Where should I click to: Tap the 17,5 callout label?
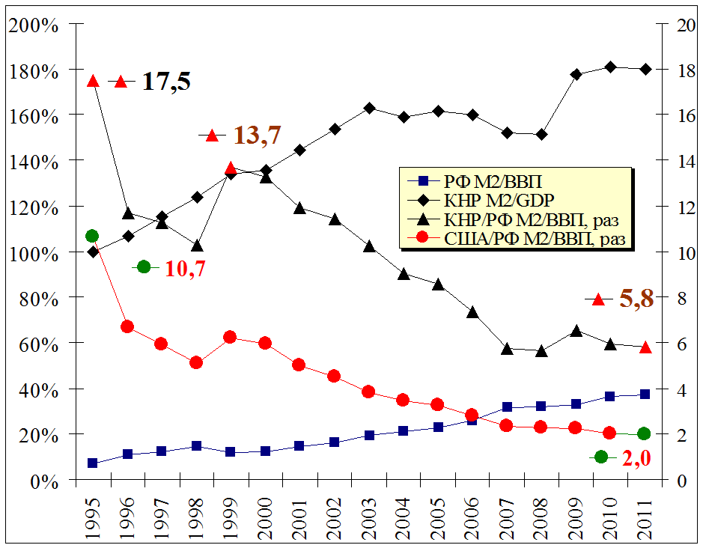click(x=166, y=82)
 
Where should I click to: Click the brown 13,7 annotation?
click(x=258, y=136)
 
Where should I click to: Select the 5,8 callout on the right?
click(x=636, y=299)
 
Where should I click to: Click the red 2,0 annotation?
click(x=636, y=457)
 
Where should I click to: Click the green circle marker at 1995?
click(x=93, y=237)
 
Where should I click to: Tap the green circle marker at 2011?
click(x=644, y=434)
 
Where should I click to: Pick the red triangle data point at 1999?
click(x=231, y=168)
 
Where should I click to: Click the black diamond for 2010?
click(x=610, y=67)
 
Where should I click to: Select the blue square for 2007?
click(x=507, y=407)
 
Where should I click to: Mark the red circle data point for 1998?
click(x=196, y=362)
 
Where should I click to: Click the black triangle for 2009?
click(x=576, y=331)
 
